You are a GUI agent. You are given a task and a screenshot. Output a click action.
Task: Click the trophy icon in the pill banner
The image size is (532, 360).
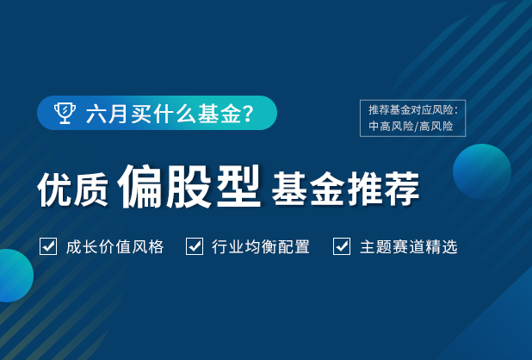(65, 113)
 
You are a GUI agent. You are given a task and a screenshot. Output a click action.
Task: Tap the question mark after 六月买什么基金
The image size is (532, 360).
(249, 114)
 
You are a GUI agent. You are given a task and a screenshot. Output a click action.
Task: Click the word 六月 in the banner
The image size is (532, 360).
(108, 114)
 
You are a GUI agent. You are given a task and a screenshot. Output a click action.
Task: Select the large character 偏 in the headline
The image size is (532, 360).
(140, 186)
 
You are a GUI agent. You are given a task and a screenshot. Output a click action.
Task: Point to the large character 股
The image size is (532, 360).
(189, 186)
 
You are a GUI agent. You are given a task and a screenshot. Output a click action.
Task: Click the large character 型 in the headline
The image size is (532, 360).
(238, 186)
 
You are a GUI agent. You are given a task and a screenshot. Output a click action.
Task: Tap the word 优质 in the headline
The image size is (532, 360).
(72, 189)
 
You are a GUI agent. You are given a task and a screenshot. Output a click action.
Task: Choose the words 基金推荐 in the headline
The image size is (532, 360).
(346, 189)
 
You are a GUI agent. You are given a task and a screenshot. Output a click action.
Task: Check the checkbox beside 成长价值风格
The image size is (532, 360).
(48, 246)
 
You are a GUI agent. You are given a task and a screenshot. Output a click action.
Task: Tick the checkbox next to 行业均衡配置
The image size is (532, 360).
(195, 246)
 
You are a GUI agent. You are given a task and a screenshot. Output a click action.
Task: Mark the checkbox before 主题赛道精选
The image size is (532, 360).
(342, 246)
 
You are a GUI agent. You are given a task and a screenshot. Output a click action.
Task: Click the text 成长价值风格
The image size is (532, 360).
(115, 246)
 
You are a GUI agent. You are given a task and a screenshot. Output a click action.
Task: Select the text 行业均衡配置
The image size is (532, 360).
(261, 246)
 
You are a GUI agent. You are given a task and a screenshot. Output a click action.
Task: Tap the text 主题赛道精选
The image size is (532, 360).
(409, 246)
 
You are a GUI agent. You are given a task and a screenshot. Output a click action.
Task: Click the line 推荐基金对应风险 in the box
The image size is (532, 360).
(413, 109)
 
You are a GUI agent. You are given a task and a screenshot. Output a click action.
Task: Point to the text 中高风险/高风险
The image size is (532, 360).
(411, 127)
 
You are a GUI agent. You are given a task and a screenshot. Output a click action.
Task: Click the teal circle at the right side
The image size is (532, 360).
(482, 171)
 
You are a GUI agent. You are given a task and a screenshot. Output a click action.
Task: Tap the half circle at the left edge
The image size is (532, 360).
(15, 276)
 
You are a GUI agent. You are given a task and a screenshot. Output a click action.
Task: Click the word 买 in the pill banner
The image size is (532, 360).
(141, 114)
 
